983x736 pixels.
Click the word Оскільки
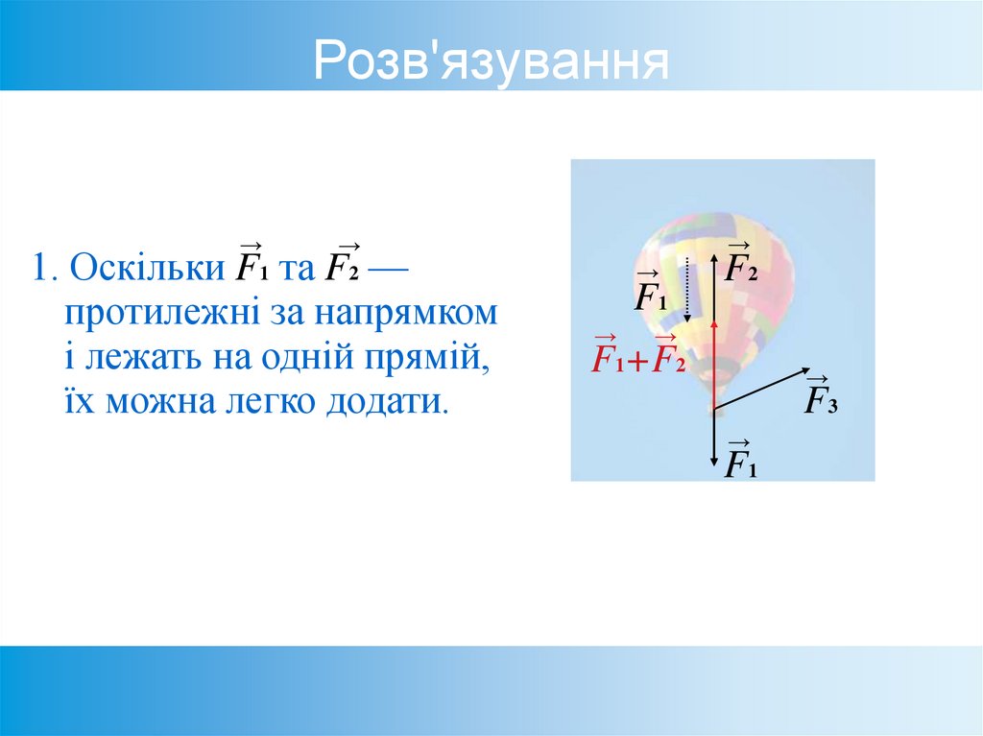click(148, 268)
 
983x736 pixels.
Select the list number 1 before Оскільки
click(40, 268)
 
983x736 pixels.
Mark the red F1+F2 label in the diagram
click(638, 356)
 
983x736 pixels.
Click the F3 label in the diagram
click(821, 398)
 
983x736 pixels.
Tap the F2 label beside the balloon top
click(740, 264)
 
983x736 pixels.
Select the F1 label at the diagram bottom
click(740, 463)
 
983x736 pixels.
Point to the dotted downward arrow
click(687, 288)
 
